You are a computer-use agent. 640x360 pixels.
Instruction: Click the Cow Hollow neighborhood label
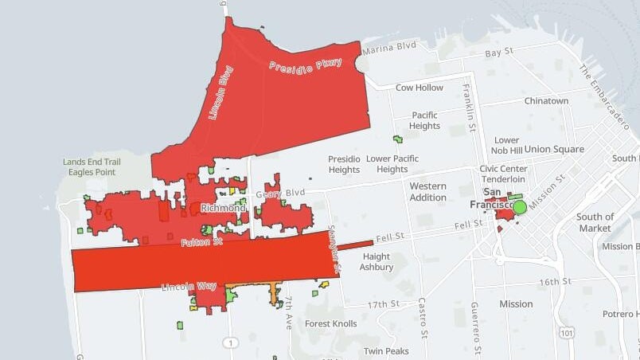point(420,88)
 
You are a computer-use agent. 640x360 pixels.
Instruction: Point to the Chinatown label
point(546,101)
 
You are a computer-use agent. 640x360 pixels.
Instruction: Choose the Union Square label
point(554,149)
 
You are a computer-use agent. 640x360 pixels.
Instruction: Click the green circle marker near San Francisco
point(520,207)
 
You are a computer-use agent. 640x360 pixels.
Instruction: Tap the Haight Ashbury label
point(377,261)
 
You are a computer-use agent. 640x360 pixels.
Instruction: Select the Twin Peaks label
point(386,351)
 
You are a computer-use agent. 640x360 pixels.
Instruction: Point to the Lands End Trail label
point(92,162)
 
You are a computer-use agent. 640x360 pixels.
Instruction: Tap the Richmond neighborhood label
point(224,208)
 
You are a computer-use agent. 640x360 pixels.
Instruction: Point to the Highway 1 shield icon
point(230,342)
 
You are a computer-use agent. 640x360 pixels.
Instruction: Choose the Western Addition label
point(428,191)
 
